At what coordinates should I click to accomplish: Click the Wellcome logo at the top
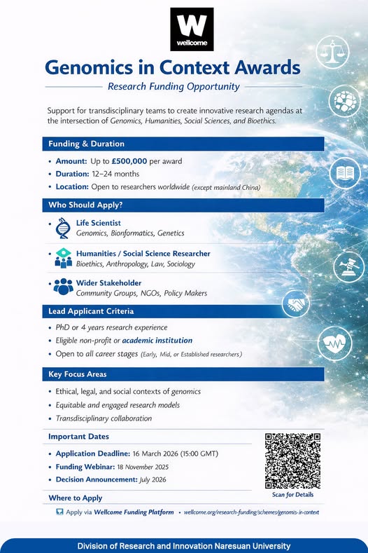point(192,29)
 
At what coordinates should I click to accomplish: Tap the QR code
point(292,460)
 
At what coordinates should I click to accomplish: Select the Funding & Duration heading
point(86,144)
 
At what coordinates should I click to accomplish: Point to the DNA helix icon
point(63,228)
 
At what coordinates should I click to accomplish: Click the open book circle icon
point(344,173)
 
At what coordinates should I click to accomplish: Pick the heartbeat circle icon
point(334,343)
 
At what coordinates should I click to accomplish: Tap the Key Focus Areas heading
point(77,375)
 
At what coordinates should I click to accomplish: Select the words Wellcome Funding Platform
point(134,512)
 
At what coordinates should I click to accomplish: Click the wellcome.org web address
point(250,512)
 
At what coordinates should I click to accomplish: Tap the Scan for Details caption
point(292,495)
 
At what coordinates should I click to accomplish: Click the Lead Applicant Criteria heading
point(91,311)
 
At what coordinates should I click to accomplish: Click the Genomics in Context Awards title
point(172,68)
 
